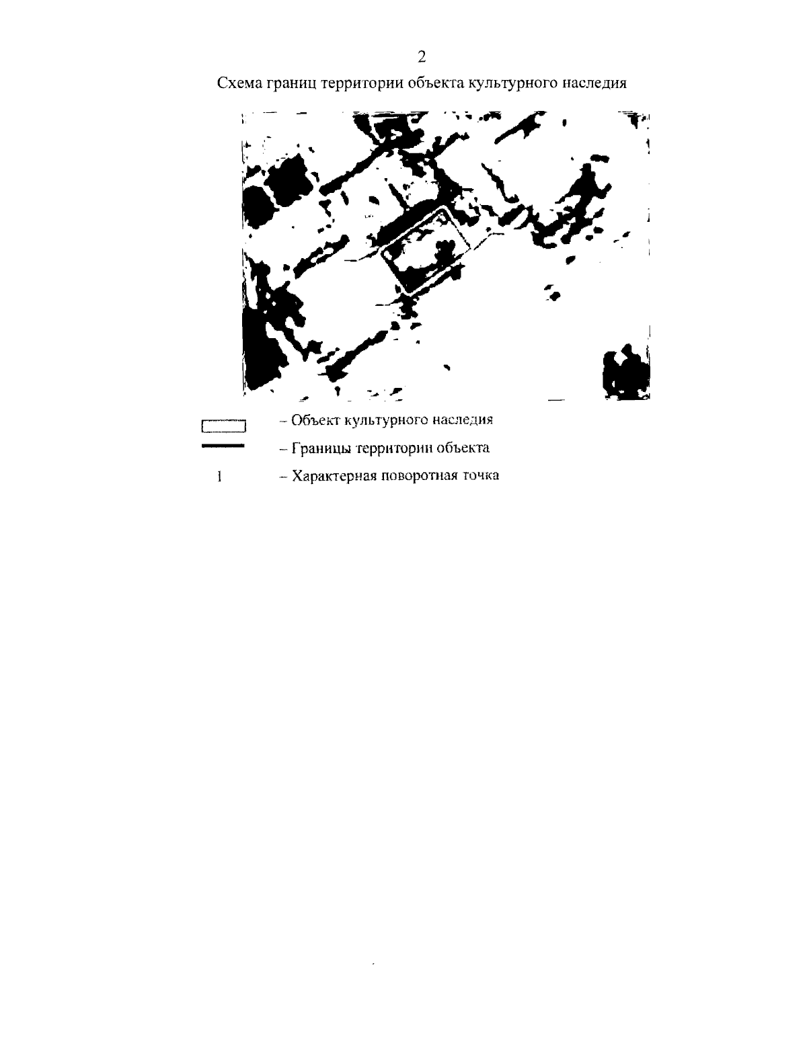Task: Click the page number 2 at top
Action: tap(422, 57)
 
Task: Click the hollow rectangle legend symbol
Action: tap(223, 426)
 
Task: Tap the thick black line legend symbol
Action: tap(223, 446)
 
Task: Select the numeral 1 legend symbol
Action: tap(219, 477)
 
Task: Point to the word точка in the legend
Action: tap(481, 475)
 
